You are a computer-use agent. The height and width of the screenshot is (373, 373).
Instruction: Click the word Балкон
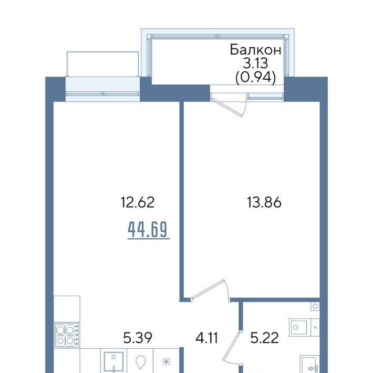click(255, 50)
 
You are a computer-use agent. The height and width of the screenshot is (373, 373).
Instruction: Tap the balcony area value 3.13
click(255, 63)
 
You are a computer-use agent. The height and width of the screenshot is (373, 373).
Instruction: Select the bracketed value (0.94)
click(255, 77)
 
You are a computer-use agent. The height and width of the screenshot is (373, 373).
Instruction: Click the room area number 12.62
click(138, 202)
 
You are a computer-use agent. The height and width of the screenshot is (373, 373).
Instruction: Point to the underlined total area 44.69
click(148, 230)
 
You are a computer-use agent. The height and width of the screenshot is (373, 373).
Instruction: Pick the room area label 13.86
click(264, 202)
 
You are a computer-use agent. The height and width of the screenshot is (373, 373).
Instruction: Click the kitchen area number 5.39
click(138, 338)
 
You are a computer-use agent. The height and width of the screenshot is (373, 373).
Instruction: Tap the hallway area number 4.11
click(206, 338)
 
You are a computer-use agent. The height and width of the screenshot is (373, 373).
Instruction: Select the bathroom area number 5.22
click(264, 338)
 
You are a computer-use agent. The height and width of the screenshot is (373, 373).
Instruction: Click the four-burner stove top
click(67, 335)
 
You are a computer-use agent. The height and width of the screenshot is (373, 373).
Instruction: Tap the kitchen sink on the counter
click(113, 362)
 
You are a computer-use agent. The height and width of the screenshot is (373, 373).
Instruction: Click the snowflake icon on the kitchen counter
click(166, 362)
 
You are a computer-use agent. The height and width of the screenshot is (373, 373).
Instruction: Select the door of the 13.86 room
click(208, 288)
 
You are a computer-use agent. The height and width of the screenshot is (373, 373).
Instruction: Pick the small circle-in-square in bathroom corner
click(315, 306)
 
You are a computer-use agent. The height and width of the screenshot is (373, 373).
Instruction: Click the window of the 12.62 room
click(102, 94)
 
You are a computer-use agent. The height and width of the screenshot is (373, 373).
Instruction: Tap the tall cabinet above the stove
click(67, 309)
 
